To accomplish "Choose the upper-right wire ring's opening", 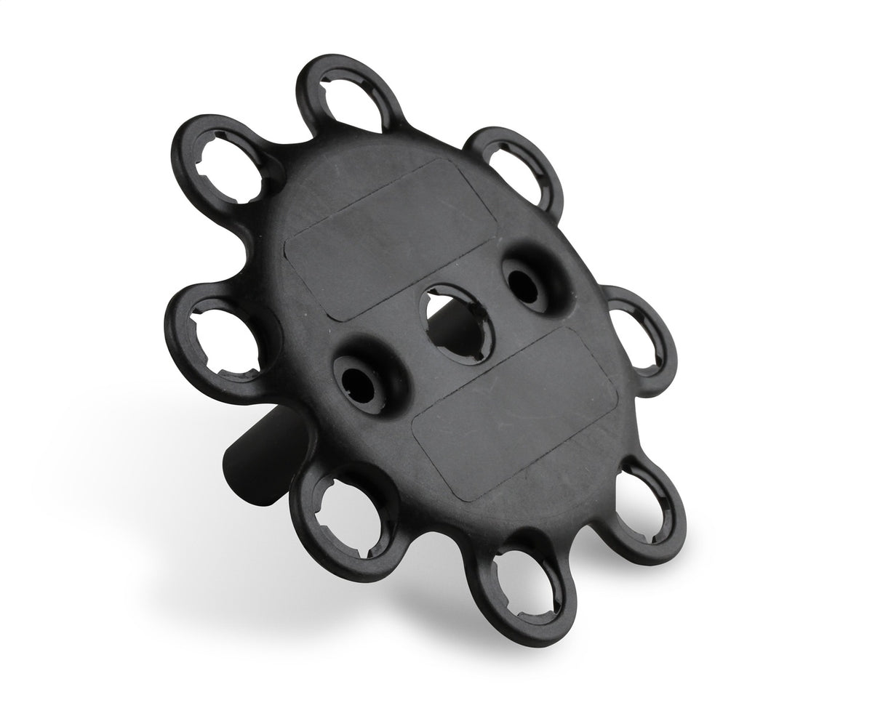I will pyautogui.click(x=516, y=166).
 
